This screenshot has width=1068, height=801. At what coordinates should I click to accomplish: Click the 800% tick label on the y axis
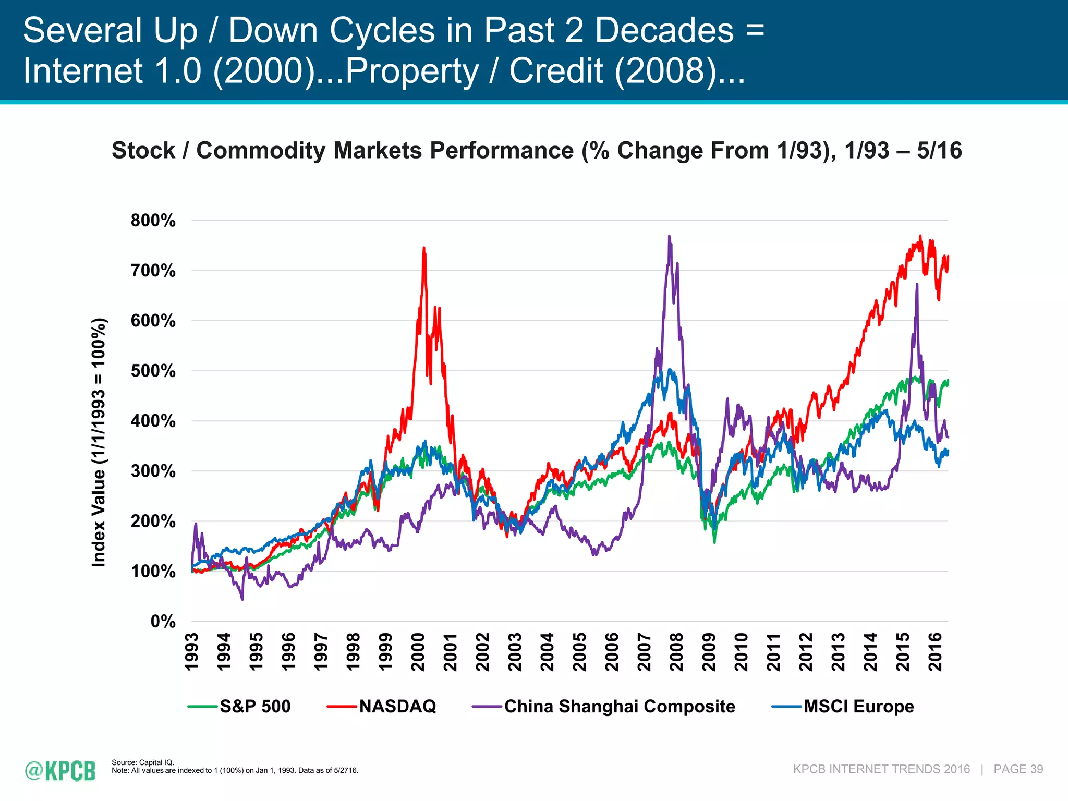[153, 221]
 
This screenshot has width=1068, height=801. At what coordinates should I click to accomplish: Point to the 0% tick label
[163, 622]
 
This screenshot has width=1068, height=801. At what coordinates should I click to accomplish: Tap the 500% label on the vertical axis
[153, 371]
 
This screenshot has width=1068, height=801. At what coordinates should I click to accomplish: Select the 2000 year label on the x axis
[418, 652]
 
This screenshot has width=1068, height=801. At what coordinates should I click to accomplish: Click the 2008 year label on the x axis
[676, 652]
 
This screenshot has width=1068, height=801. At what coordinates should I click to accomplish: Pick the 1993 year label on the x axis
[192, 652]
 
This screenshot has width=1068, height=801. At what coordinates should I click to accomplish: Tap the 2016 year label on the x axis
[935, 652]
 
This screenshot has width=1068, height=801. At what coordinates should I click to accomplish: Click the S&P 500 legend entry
[254, 706]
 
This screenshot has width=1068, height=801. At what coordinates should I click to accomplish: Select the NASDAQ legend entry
[397, 706]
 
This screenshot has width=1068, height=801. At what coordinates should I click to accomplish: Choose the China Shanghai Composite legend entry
[619, 706]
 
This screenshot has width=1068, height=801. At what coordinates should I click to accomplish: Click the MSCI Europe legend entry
[858, 706]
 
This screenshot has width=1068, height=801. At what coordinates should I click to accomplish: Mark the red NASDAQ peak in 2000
[424, 248]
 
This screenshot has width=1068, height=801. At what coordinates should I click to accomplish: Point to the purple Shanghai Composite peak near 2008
[669, 236]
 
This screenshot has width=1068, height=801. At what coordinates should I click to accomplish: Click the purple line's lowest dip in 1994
[242, 599]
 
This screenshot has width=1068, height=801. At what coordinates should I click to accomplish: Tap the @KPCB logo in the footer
[60, 771]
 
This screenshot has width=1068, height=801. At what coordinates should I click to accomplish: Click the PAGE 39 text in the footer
[1018, 769]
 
